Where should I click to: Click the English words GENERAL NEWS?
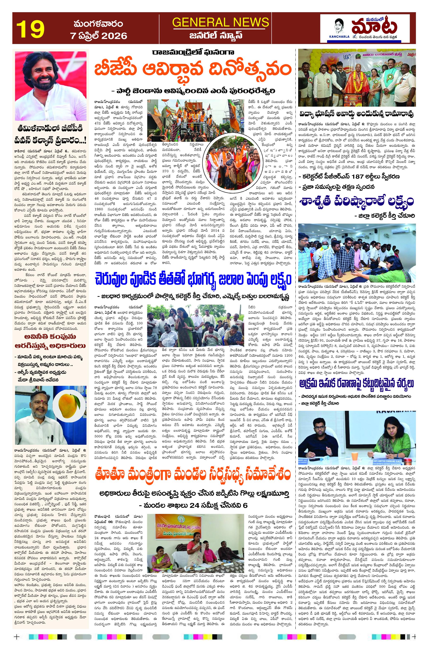220,22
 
